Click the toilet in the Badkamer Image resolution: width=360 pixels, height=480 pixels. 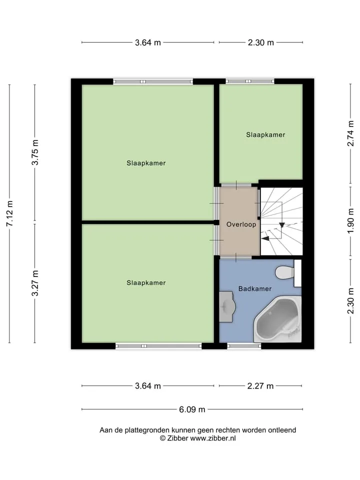pos(284,273)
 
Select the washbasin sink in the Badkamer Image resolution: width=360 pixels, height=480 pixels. pos(227,306)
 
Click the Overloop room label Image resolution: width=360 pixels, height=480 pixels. pos(241,224)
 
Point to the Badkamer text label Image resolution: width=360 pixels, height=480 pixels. pos(255,288)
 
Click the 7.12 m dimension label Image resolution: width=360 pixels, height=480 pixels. pos(9,213)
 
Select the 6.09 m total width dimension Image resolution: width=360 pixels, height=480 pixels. pos(192,409)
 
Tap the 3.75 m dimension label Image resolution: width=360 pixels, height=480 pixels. pos(35,152)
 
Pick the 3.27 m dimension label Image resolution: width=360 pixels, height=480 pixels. pos(35,283)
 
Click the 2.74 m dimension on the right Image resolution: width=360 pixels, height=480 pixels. pos(351,133)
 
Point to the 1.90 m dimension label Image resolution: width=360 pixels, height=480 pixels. pos(351,220)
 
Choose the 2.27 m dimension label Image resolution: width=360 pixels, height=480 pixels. pos(260,386)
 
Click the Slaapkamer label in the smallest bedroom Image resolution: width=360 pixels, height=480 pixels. pos(265,134)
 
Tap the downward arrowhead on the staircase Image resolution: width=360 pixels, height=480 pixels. pos(282,225)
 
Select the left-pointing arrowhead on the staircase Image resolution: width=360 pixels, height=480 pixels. pos(265,238)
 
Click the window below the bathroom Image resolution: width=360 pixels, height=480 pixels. pos(244,346)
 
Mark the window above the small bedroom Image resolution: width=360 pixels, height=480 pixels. pos(250,81)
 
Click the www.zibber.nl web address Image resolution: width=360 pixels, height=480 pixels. pos(213,438)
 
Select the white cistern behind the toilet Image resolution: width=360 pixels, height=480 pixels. pos(297,273)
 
